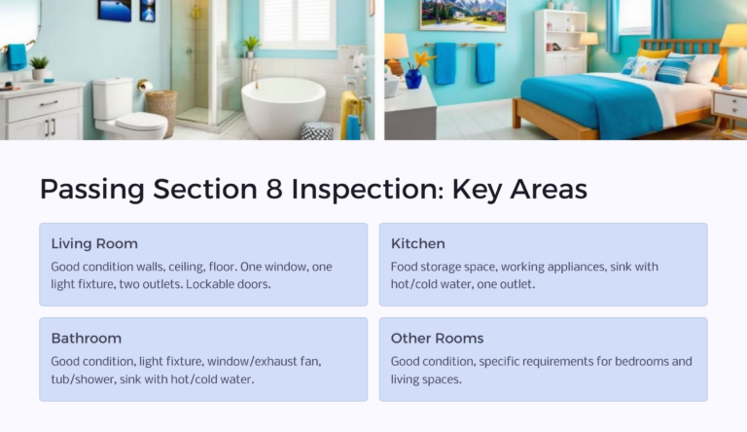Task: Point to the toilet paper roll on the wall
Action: [x=145, y=86]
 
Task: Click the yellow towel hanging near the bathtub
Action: [x=348, y=113]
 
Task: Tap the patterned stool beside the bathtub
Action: [x=317, y=131]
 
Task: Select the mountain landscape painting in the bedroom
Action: [x=462, y=14]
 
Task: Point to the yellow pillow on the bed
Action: [x=654, y=54]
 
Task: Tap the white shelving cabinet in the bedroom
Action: [x=561, y=44]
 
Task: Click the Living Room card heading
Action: [x=94, y=243]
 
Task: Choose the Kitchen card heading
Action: [x=418, y=243]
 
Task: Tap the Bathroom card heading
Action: [x=87, y=338]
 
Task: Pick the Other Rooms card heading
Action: [x=437, y=338]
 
